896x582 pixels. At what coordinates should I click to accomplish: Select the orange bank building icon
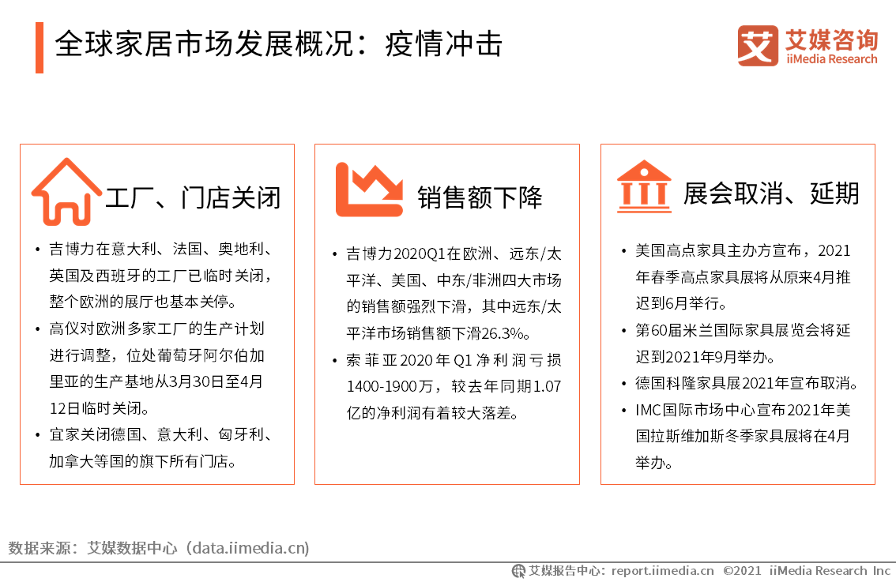click(x=644, y=186)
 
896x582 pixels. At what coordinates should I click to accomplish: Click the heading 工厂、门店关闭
click(x=193, y=197)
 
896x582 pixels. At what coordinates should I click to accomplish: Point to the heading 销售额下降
click(x=480, y=197)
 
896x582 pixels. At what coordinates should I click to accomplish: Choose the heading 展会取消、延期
click(x=771, y=193)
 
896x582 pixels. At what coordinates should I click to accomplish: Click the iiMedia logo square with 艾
click(x=758, y=46)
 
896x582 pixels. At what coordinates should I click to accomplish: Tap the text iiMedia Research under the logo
click(x=831, y=58)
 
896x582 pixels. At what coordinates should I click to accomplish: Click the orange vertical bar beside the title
click(x=40, y=47)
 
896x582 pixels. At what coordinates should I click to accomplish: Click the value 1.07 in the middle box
click(x=547, y=387)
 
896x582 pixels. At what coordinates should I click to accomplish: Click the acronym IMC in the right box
click(x=648, y=410)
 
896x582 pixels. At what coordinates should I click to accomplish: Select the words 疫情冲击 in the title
click(x=444, y=44)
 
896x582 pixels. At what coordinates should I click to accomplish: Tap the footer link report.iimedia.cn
click(x=662, y=571)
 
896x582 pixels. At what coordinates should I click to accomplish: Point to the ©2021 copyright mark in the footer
click(x=742, y=571)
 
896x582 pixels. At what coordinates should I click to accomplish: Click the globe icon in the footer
click(x=518, y=571)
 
